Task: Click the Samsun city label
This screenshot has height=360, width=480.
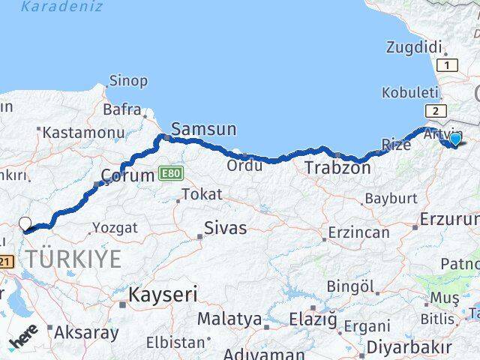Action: click(204, 128)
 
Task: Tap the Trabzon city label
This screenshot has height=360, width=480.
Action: click(337, 168)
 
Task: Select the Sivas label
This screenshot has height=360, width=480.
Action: click(226, 228)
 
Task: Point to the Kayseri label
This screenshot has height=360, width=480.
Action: click(162, 294)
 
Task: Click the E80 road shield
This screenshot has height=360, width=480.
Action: click(170, 174)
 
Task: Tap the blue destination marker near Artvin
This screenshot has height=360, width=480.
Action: click(455, 139)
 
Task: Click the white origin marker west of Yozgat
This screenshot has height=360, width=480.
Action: click(25, 223)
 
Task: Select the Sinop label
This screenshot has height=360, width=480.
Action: click(128, 80)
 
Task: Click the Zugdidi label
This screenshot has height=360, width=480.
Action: click(413, 46)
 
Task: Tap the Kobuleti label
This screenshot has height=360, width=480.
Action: click(409, 91)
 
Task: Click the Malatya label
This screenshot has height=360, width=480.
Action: click(229, 319)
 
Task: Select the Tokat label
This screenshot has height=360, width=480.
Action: click(202, 194)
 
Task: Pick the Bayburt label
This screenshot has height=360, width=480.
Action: click(390, 199)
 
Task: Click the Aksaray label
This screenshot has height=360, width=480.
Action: click(87, 332)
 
